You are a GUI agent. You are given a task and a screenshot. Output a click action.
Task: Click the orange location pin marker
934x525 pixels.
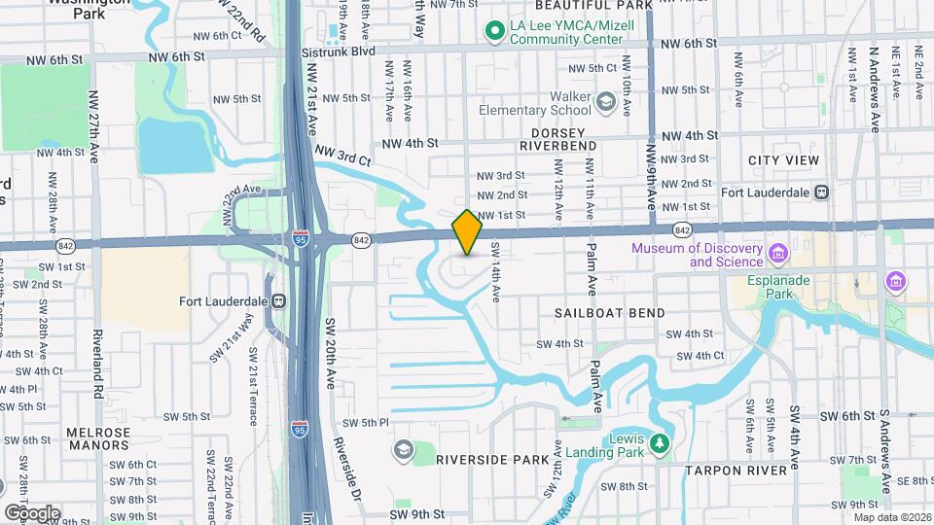tap(468, 231)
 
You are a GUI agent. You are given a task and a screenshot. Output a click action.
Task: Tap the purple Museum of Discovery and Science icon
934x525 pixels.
tap(777, 255)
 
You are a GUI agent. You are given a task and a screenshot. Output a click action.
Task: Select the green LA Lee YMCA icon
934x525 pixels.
tap(494, 31)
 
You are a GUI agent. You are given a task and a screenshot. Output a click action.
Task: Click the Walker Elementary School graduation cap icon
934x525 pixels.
tap(606, 101)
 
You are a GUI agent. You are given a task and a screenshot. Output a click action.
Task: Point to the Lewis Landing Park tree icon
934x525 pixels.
tap(661, 445)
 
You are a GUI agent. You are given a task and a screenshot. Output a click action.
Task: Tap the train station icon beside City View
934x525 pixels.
tap(822, 192)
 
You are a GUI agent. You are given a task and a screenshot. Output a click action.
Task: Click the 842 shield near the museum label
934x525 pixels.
tap(681, 229)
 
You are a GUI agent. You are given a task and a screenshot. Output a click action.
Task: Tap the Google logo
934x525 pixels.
tap(31, 512)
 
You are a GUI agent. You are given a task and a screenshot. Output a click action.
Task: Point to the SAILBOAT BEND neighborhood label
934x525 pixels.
tap(610, 313)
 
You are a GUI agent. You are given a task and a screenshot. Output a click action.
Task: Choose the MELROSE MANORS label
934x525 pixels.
tap(97, 437)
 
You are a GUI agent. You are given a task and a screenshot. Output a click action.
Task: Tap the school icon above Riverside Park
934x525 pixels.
tap(403, 449)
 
